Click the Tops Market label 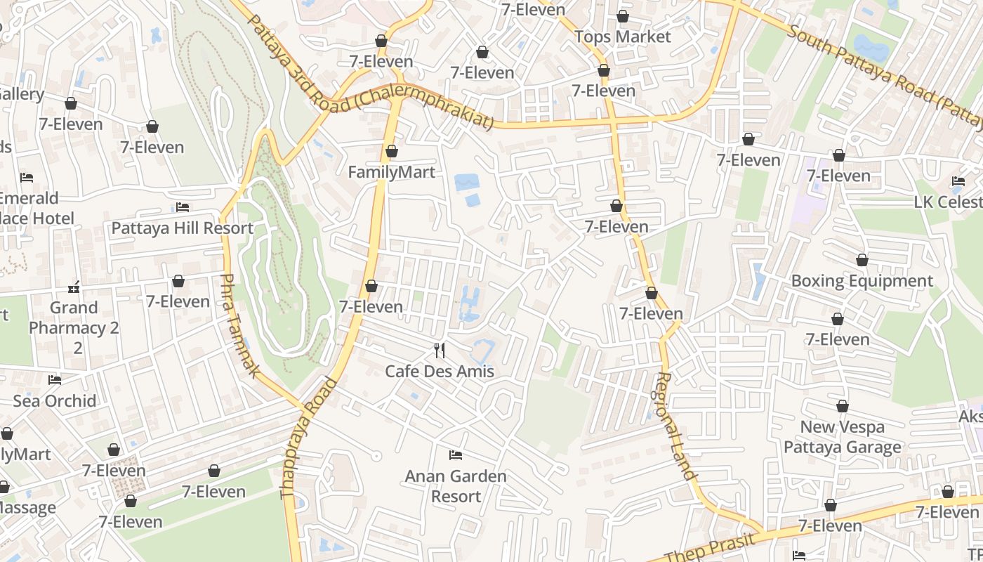pyautogui.click(x=623, y=37)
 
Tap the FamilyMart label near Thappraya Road pyautogui.click(x=392, y=172)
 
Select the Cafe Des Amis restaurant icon pyautogui.click(x=440, y=350)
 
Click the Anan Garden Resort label pyautogui.click(x=456, y=486)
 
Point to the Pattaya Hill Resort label pyautogui.click(x=183, y=228)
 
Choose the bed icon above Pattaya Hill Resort pyautogui.click(x=183, y=207)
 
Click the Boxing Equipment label pyautogui.click(x=862, y=281)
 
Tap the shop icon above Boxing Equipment pyautogui.click(x=862, y=261)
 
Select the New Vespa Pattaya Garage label pyautogui.click(x=842, y=437)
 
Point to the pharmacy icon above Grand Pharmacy pyautogui.click(x=74, y=287)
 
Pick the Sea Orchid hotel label pyautogui.click(x=55, y=401)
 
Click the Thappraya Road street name pyautogui.click(x=309, y=438)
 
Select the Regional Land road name pyautogui.click(x=676, y=426)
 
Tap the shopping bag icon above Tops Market pyautogui.click(x=623, y=16)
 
